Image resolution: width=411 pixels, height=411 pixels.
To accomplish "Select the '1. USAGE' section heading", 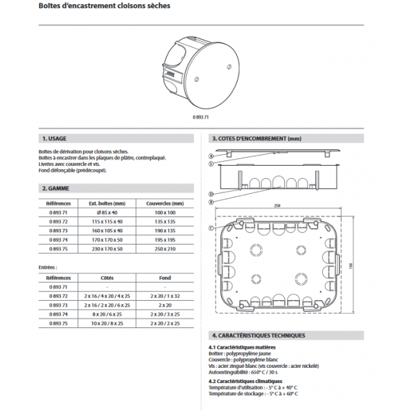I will pyautogui.click(x=54, y=138).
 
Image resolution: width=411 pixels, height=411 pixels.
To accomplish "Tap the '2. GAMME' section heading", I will pyautogui.click(x=54, y=188).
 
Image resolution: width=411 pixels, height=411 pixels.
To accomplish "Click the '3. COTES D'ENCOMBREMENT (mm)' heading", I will pyautogui.click(x=257, y=138).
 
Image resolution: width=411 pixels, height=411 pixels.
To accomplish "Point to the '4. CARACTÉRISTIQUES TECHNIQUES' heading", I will pyautogui.click(x=259, y=336).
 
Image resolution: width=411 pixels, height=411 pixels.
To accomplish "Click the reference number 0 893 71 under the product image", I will pyautogui.click(x=199, y=119).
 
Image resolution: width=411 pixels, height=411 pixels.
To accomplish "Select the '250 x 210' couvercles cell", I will pyautogui.click(x=165, y=250).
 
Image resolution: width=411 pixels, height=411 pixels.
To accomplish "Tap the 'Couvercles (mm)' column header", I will pyautogui.click(x=165, y=203).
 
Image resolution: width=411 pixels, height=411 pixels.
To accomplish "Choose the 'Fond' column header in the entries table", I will pyautogui.click(x=165, y=277).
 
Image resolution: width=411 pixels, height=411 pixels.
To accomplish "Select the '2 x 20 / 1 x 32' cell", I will pyautogui.click(x=165, y=295).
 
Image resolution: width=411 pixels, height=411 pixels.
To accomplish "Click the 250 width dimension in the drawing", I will pyautogui.click(x=277, y=206).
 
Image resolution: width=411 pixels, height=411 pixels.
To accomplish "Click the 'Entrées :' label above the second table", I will pyautogui.click(x=48, y=267).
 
